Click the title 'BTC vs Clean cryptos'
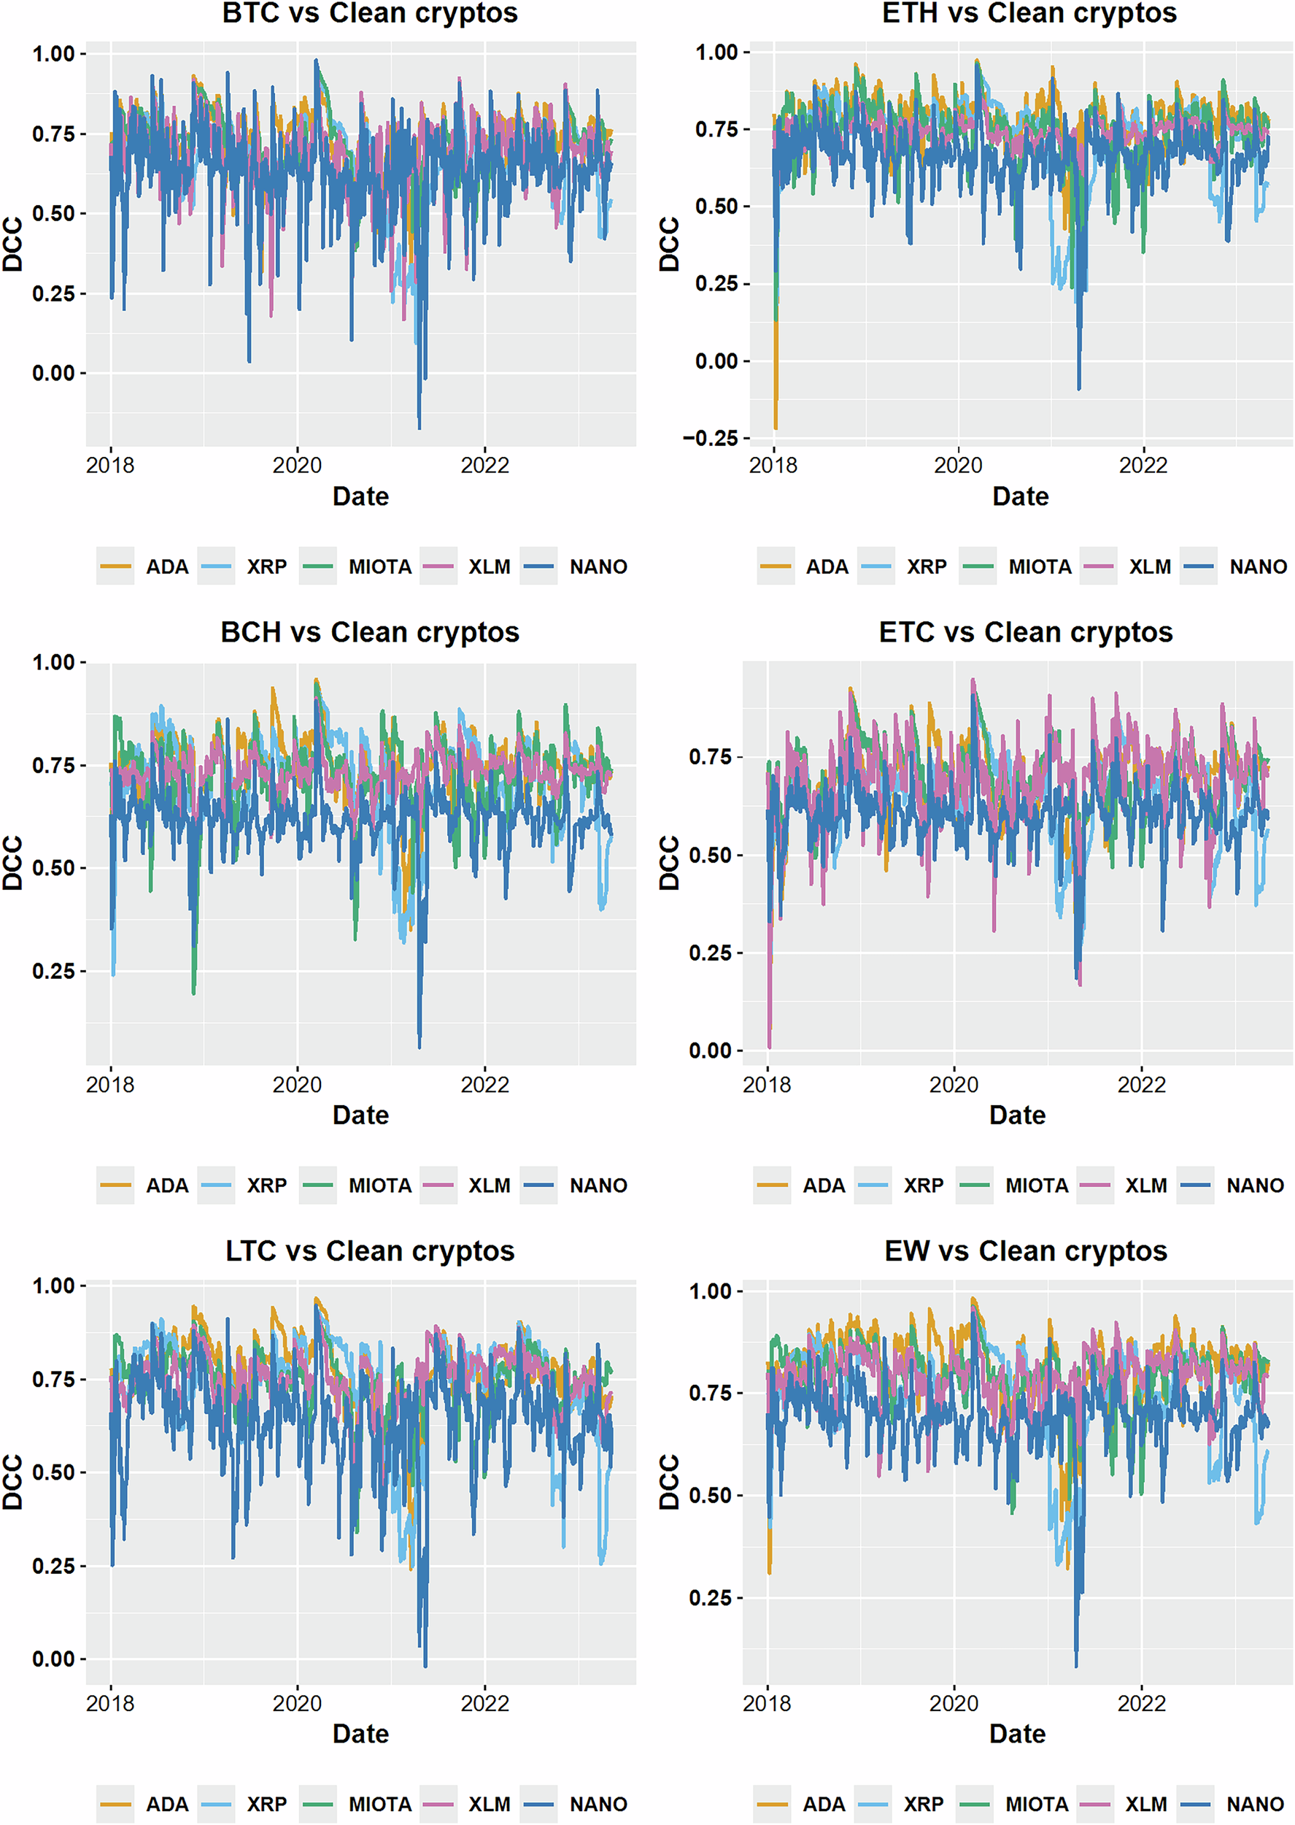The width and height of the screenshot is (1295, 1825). [x=369, y=14]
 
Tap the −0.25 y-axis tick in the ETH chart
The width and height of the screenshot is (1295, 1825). [x=715, y=438]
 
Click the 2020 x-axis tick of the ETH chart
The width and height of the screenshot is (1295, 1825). [x=958, y=465]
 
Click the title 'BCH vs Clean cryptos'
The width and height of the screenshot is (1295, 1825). [x=369, y=632]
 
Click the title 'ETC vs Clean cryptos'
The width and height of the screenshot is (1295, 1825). [x=1026, y=632]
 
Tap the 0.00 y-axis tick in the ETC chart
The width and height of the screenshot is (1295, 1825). [x=711, y=1050]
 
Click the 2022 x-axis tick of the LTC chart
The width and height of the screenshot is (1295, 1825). [x=484, y=1703]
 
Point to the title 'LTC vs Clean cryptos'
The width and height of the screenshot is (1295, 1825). [x=369, y=1251]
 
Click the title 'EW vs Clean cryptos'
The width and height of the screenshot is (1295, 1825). [x=1026, y=1251]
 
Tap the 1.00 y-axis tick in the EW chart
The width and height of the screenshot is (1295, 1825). [x=711, y=1291]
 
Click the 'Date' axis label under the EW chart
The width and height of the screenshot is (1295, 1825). [x=1018, y=1734]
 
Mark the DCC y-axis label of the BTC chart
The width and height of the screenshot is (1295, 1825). [x=12, y=244]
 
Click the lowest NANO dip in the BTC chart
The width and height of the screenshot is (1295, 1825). [x=420, y=427]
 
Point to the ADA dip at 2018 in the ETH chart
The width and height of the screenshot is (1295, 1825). [x=775, y=427]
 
